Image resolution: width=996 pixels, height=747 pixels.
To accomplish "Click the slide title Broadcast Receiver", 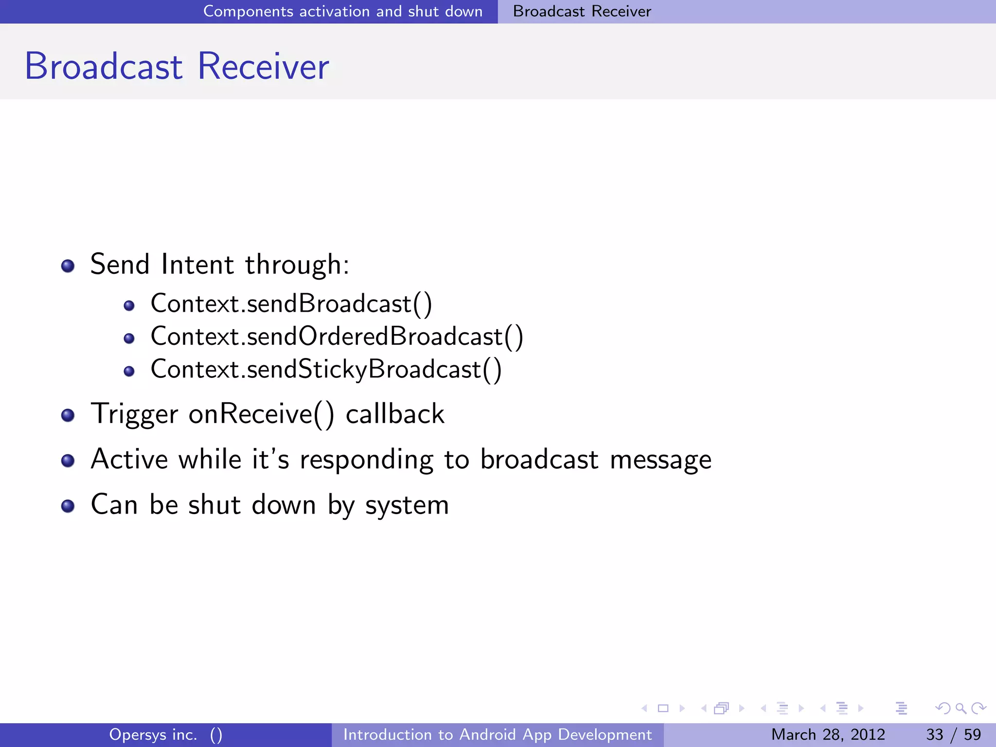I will coord(177,67).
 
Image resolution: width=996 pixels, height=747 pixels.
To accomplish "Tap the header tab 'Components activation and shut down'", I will coord(342,11).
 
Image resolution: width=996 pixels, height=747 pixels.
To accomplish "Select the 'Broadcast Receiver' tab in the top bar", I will coord(582,11).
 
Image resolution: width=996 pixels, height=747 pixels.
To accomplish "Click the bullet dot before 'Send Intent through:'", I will coord(68,266).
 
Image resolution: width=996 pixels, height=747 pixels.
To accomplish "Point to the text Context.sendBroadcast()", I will coord(291,304).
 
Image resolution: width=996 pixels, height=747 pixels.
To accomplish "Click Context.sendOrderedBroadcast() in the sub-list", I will coord(337,337).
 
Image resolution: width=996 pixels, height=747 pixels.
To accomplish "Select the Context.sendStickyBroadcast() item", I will coord(326,370).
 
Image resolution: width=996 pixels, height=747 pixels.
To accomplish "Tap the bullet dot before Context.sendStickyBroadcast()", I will coord(129,372).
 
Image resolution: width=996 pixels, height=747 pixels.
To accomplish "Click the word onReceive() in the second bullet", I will coord(261,414).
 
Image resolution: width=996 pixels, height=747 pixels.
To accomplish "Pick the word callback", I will coord(394,414).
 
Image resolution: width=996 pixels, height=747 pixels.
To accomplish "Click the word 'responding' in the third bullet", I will coord(366,460).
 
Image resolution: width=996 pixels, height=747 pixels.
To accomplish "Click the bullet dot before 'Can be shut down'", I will coord(68,506).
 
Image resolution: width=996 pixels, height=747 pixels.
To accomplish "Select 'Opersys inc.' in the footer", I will coord(153,734).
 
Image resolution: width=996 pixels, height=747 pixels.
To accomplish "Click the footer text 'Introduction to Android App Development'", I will coord(497,734).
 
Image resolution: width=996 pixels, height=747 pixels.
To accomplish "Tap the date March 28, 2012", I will coord(828,734).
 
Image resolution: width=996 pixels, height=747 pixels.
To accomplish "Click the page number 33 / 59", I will coord(953,734).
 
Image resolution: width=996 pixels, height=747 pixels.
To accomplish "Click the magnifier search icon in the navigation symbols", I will coord(960,708).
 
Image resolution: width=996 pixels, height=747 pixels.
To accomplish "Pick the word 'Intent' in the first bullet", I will coord(197,265).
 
